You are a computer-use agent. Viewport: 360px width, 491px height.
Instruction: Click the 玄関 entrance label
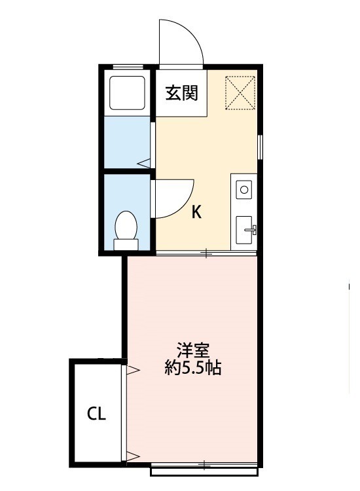[x=181, y=94]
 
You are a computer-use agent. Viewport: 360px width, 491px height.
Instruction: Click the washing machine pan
[x=126, y=92]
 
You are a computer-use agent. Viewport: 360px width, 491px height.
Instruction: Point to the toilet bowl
[x=126, y=226]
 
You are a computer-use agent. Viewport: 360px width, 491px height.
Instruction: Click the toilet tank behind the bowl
[x=126, y=245]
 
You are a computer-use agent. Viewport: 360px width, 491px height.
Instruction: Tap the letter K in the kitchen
[x=196, y=212]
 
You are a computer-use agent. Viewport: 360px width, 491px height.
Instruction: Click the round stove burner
[x=244, y=191]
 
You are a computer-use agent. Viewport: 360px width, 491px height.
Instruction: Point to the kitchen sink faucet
[x=251, y=229]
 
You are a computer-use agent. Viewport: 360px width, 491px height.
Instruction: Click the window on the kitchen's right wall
[x=261, y=145]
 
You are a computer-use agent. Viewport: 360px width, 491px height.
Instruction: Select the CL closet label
[x=97, y=414]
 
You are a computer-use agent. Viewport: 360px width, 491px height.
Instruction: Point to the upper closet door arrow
[x=133, y=371]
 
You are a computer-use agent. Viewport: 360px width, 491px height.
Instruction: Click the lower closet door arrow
[x=133, y=456]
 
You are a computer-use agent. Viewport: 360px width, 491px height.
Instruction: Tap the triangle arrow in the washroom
[x=143, y=162]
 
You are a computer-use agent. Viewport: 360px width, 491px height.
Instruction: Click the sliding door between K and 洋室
[x=206, y=253]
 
